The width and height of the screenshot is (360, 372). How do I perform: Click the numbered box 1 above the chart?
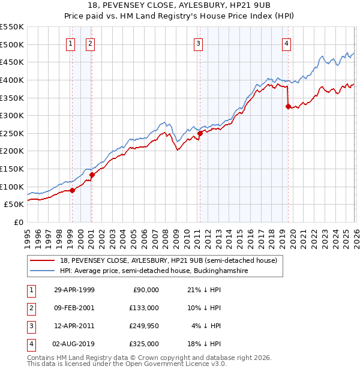[71, 43]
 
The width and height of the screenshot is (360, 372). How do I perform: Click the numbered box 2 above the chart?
[90, 43]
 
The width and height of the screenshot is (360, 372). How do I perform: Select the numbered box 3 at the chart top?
[198, 43]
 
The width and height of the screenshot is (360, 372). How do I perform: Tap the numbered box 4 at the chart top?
[287, 43]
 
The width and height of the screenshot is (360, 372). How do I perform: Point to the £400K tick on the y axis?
[12, 80]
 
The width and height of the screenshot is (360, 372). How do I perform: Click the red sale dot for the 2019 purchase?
[289, 107]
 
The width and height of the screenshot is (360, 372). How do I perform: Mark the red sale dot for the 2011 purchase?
[200, 133]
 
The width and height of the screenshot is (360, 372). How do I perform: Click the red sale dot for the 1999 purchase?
[73, 190]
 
